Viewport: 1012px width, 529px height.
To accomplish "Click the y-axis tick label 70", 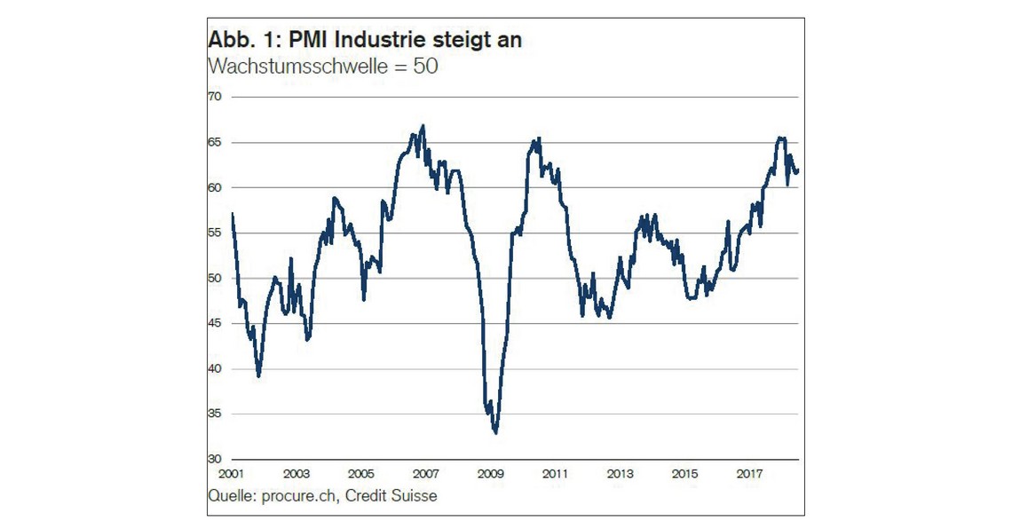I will pos(214,96).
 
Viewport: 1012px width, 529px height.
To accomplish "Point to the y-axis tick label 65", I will pos(214,142).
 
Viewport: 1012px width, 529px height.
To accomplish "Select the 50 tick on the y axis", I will pos(214,278).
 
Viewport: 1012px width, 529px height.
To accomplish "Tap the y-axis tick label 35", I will pos(214,414).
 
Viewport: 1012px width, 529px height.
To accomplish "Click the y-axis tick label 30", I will pos(214,459).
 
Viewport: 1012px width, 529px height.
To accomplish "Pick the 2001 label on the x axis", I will pos(231,475).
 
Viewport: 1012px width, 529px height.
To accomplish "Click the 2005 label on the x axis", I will pos(360,475).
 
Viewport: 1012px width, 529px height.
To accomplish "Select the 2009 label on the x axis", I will pos(489,475).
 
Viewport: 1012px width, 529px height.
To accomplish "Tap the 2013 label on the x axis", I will pos(621,475).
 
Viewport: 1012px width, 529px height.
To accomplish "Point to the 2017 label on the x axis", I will pos(749,475).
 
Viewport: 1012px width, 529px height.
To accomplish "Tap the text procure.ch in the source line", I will pos(299,496).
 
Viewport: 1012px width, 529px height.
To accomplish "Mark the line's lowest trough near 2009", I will pos(494,433).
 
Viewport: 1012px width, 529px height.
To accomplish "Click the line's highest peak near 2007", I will pos(423,125).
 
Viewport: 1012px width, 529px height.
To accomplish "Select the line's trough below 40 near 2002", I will pos(258,376).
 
